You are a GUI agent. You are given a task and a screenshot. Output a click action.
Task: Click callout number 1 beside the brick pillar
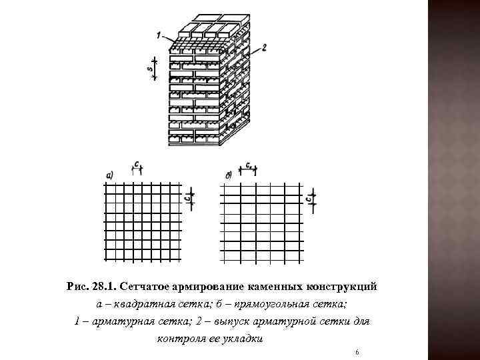158,35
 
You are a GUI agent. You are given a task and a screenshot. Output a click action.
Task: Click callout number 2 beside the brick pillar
264,47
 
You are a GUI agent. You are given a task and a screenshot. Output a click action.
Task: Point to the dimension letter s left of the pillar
150,68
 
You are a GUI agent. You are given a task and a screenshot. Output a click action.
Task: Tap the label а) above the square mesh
109,175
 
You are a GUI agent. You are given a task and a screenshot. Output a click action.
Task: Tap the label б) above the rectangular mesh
229,175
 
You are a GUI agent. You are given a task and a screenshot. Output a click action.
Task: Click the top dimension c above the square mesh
137,164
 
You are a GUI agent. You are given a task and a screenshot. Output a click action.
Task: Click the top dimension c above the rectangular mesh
249,164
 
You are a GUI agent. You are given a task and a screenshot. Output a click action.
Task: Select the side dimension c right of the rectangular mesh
309,198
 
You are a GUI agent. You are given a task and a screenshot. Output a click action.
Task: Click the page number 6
358,351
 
